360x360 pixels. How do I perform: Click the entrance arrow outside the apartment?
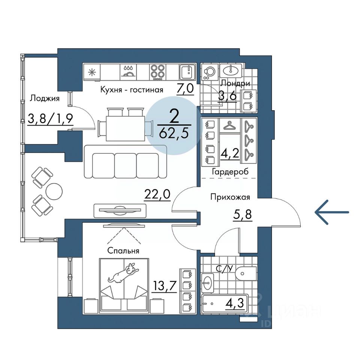coord(332,212)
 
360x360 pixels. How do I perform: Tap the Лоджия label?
coord(45,99)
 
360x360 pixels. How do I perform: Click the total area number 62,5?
coord(174,133)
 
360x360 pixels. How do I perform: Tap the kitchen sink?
coord(187,72)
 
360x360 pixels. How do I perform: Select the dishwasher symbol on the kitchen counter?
coord(128,72)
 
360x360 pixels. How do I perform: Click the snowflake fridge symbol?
coord(92,72)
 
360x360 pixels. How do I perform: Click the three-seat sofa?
coord(125,162)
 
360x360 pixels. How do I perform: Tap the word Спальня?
coord(123,250)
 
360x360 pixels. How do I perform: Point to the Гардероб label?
coord(230,171)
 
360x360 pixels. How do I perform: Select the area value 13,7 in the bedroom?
coord(165,286)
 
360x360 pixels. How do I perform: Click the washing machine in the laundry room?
coord(209,72)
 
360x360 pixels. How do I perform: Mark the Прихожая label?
coord(230,197)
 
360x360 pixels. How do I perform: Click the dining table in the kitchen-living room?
coord(125,128)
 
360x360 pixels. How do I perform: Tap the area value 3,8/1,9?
coord(50,119)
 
